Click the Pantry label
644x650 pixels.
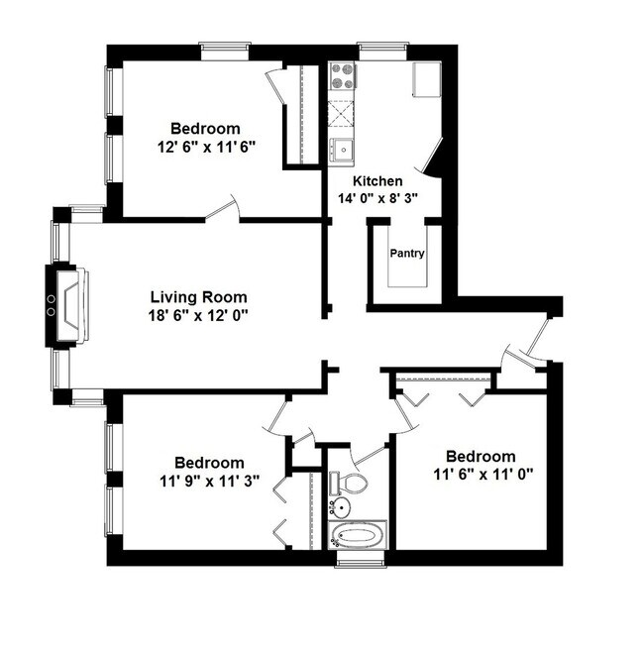coord(406,254)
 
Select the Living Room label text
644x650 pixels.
coord(198,297)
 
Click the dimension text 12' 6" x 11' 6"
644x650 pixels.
coord(205,147)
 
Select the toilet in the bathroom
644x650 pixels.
coord(349,483)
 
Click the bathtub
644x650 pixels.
coord(358,537)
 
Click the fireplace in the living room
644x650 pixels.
coord(67,305)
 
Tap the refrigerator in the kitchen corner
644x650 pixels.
coord(427,78)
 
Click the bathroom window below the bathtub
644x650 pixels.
coord(358,562)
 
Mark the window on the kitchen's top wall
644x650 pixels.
coord(383,47)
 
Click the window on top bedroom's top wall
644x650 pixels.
coord(225,47)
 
